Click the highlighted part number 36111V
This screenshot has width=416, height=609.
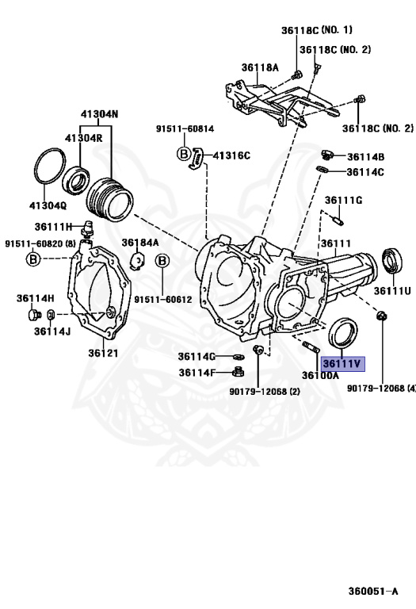click(342, 364)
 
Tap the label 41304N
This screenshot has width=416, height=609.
click(98, 114)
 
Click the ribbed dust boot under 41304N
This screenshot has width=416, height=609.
click(110, 199)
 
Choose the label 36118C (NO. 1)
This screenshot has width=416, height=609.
click(316, 30)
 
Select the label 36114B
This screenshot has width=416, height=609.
click(365, 157)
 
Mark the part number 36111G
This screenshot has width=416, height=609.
click(343, 200)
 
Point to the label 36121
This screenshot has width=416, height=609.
click(103, 353)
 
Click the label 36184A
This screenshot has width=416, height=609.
click(140, 243)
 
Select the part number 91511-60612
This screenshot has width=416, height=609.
click(162, 299)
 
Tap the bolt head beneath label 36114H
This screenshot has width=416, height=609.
click(32, 315)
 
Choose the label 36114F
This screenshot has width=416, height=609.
click(197, 372)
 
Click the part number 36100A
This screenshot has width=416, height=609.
click(319, 375)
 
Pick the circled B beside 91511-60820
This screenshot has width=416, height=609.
click(33, 259)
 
